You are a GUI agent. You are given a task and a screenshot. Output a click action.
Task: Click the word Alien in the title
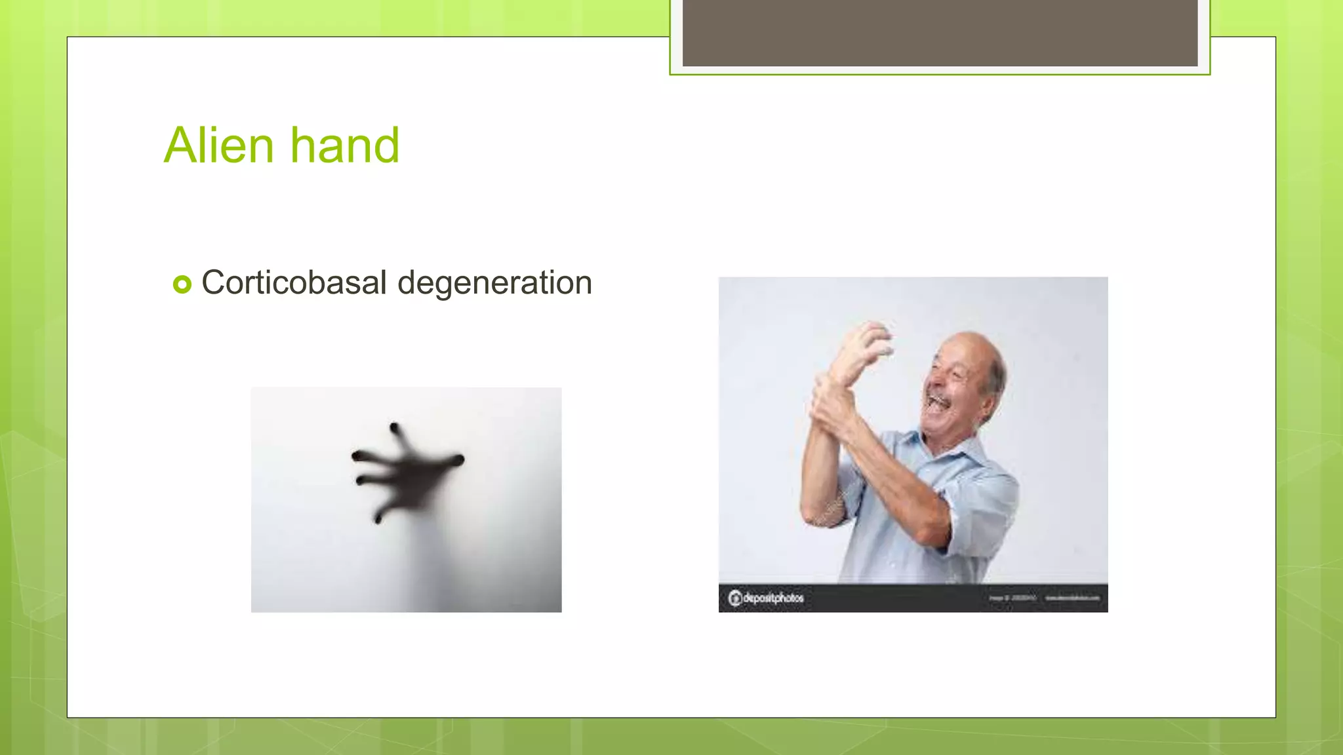218,145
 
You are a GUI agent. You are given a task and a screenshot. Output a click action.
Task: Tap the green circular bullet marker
182,284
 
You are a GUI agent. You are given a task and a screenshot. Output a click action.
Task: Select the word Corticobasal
294,283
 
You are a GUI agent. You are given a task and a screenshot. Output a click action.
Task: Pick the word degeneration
494,283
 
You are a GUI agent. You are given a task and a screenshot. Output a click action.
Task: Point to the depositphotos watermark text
772,598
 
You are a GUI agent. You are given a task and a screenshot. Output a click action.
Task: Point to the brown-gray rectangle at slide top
940,33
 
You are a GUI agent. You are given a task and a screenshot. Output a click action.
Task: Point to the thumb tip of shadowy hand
459,460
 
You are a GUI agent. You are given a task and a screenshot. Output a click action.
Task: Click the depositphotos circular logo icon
735,598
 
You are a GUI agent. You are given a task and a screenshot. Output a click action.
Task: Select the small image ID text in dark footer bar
1012,598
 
